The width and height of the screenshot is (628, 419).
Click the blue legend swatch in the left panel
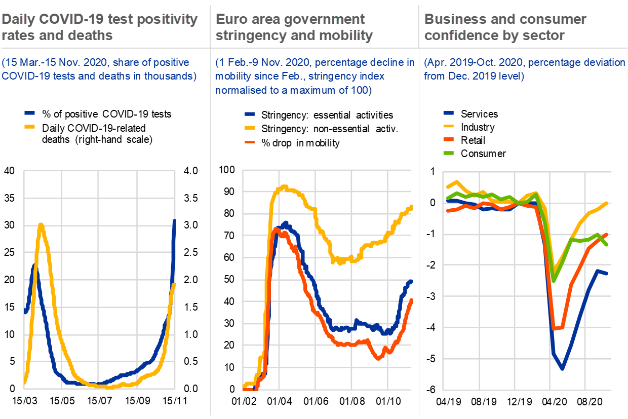coord(30,113)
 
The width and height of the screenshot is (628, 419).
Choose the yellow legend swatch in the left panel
coord(30,126)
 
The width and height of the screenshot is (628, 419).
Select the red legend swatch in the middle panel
coord(250,142)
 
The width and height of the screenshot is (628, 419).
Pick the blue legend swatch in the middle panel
coord(250,115)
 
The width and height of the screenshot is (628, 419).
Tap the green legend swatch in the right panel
coord(448,153)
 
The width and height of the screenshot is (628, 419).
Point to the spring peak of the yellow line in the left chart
coord(41,224)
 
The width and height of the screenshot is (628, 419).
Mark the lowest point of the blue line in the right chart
coord(562,368)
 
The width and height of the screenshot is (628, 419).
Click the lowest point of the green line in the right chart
coord(554,281)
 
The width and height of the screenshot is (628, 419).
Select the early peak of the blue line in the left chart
coord(33,266)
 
